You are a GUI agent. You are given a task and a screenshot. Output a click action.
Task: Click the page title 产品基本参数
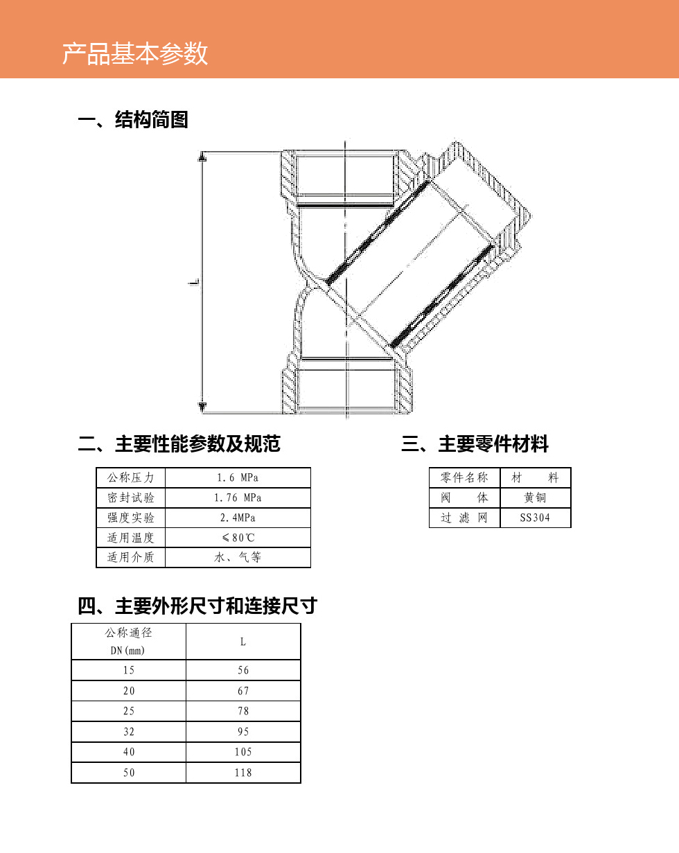(x=135, y=53)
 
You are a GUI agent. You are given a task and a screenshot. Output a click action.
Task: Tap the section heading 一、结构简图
(x=133, y=119)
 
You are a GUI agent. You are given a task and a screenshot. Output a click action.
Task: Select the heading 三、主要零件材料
(x=475, y=443)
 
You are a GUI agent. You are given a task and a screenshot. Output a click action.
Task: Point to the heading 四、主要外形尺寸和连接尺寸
(x=197, y=606)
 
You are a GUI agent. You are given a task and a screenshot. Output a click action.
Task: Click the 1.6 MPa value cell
(x=238, y=477)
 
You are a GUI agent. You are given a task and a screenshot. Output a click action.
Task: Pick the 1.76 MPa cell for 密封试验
(x=238, y=498)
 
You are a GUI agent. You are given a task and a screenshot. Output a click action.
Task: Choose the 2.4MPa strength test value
(x=238, y=518)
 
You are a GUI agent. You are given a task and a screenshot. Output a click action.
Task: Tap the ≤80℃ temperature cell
(x=238, y=538)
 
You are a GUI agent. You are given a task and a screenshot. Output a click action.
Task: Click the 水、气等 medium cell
(x=238, y=557)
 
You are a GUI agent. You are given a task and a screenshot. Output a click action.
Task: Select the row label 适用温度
(x=130, y=538)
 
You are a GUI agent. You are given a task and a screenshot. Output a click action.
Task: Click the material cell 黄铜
(x=535, y=498)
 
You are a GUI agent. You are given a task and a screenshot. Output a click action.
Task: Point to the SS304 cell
(x=535, y=518)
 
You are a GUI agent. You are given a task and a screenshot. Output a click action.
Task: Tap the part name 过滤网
(x=464, y=518)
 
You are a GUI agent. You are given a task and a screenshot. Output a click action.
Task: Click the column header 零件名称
(x=464, y=477)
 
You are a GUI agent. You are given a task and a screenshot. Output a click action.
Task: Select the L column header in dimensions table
(x=243, y=642)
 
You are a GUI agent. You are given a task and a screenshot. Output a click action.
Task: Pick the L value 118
(x=243, y=773)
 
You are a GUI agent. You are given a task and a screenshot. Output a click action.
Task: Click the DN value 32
(x=129, y=731)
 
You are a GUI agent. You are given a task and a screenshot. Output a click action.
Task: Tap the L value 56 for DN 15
(x=243, y=670)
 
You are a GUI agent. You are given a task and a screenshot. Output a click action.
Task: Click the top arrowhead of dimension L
(x=202, y=157)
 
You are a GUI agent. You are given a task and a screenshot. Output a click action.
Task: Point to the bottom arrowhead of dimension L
(x=202, y=407)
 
